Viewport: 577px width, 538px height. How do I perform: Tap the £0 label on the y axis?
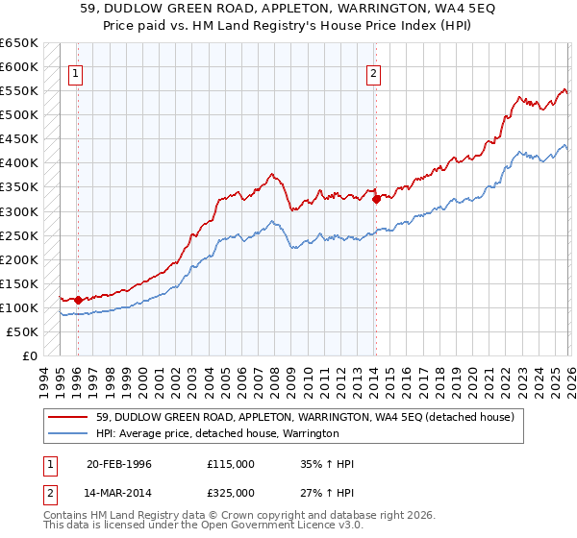(30, 355)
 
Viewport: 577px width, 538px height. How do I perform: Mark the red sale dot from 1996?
(78, 301)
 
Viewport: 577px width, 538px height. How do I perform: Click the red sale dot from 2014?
(376, 200)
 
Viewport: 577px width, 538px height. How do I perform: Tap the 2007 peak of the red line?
(273, 174)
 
